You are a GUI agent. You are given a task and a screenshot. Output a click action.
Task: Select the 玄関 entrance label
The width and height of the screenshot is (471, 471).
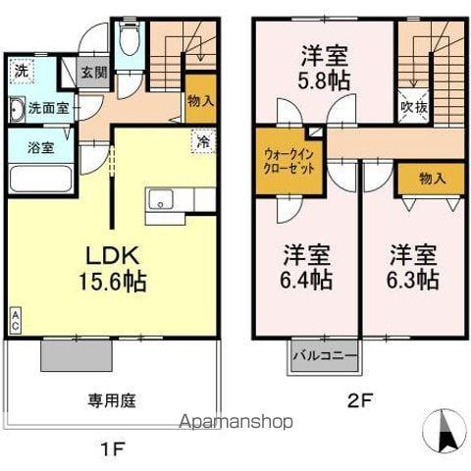94,73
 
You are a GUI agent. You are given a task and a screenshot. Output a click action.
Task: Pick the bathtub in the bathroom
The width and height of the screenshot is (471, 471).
39,182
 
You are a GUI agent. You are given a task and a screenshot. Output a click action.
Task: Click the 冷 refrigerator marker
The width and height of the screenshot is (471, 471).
201,141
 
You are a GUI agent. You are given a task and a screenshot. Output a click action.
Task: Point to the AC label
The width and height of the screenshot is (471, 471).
15,319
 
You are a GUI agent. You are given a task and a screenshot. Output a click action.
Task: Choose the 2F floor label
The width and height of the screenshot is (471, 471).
357,400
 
